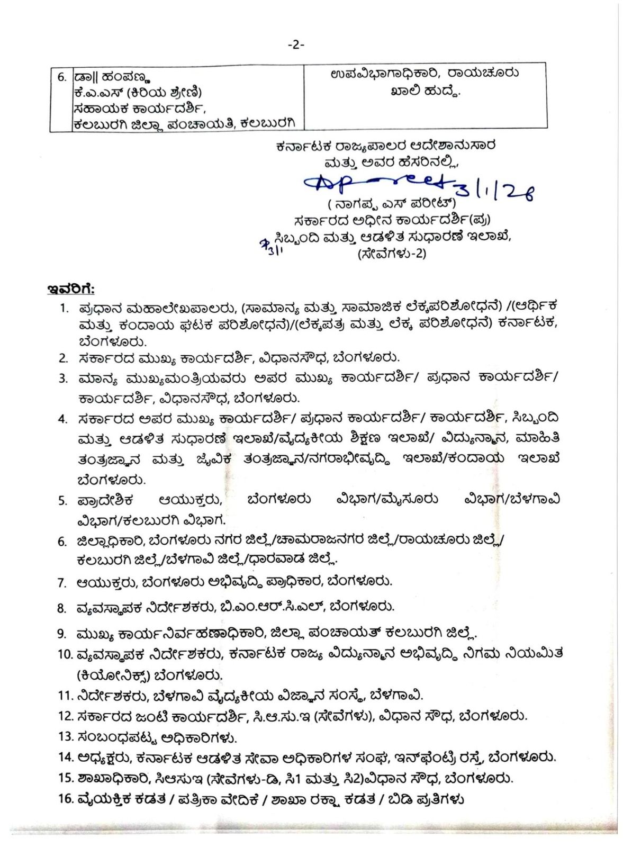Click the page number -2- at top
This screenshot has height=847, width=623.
tap(296, 46)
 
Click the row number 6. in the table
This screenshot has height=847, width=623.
tap(62, 76)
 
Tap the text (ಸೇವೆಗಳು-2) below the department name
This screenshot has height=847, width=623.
tap(391, 254)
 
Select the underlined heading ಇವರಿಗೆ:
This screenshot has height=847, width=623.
tap(71, 289)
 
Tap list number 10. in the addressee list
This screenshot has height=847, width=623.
tap(65, 654)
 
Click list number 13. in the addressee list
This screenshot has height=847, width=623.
tap(65, 736)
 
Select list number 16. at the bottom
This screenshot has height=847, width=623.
tap(65, 799)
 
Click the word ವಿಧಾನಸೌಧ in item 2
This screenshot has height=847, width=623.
tap(294, 358)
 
